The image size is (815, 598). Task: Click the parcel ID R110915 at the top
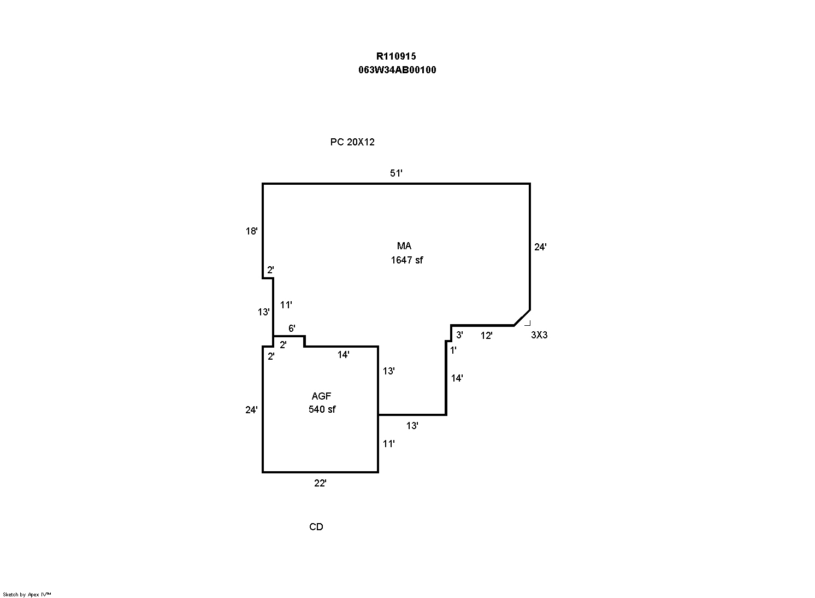(x=396, y=56)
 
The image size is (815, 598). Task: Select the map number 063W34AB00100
(x=397, y=70)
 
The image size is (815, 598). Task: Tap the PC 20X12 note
(x=352, y=142)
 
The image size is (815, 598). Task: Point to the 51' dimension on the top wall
(x=396, y=173)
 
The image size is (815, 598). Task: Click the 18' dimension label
(x=251, y=231)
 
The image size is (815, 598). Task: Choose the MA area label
(x=404, y=246)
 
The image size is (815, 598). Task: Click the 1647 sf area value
(x=407, y=260)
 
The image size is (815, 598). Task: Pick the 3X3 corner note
(x=539, y=335)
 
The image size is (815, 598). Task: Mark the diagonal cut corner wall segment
(x=522, y=318)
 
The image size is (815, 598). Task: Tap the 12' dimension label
(x=486, y=336)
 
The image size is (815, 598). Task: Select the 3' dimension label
(x=459, y=335)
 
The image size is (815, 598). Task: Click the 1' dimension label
(x=453, y=350)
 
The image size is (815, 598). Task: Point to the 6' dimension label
(x=292, y=328)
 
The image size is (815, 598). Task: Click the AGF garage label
(x=321, y=396)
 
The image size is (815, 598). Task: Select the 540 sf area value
(x=322, y=409)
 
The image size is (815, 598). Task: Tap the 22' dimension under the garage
(x=320, y=483)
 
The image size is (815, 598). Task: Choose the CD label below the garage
(x=316, y=527)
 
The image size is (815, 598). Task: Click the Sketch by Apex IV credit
(x=27, y=594)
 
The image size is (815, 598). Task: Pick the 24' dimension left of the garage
(x=251, y=409)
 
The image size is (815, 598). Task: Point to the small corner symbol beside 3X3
(x=528, y=323)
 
